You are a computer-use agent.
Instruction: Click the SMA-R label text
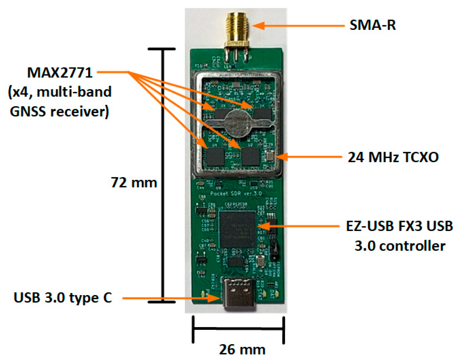pos(372,25)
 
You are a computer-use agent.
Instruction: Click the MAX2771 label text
pos(60,73)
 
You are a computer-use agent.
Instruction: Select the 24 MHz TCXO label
pos(393,157)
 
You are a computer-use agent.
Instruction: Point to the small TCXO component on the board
pos(270,156)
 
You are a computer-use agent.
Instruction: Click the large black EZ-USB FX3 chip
pos(237,229)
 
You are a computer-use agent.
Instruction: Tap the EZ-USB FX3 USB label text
pos(399,226)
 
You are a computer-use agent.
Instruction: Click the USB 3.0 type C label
pos(63,298)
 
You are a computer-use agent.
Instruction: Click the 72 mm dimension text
pos(134,182)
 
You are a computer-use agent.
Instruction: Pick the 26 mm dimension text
pos(242,349)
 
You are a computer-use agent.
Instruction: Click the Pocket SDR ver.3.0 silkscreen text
pos(236,193)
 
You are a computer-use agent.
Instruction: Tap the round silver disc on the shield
pos(237,123)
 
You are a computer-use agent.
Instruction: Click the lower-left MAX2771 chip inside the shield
pos(215,157)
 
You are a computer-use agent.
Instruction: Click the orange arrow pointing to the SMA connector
pos(298,26)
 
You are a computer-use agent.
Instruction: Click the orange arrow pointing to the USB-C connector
pos(171,298)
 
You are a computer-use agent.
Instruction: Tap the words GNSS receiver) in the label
pos(59,112)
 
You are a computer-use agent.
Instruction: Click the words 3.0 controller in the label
pos(400,246)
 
